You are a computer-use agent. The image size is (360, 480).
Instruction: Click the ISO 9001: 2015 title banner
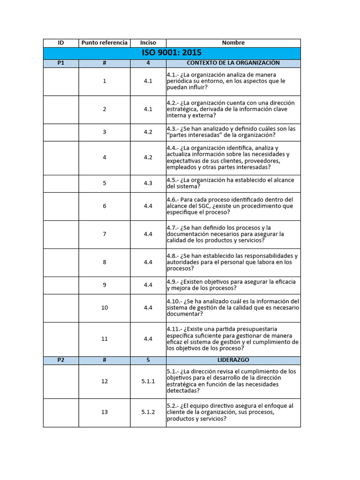tap(172, 53)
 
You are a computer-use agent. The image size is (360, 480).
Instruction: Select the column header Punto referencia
tap(104, 43)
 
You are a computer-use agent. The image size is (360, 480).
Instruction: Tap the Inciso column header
tap(148, 43)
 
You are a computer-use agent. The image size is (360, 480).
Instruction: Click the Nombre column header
tap(233, 43)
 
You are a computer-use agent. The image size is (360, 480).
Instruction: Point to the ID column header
tap(61, 43)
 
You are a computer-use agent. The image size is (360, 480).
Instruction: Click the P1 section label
tap(61, 63)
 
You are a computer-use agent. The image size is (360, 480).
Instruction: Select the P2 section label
tap(61, 360)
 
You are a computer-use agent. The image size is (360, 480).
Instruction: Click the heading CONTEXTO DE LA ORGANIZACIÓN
tap(233, 63)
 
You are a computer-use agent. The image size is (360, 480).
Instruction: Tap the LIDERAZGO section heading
tap(233, 360)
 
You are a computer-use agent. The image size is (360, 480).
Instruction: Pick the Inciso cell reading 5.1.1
tap(148, 382)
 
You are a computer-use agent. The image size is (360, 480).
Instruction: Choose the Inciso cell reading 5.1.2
tap(148, 412)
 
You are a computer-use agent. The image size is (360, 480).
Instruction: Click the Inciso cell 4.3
tap(148, 183)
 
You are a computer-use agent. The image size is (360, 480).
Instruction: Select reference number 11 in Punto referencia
tap(105, 339)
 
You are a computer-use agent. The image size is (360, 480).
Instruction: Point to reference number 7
tap(105, 234)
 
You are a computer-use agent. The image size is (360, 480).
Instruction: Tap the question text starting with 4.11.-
tap(232, 339)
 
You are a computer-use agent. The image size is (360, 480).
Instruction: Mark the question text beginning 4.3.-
tap(232, 132)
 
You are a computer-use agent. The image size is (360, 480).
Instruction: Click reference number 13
tap(105, 412)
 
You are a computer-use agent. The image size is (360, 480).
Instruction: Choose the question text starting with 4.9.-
tap(232, 285)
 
